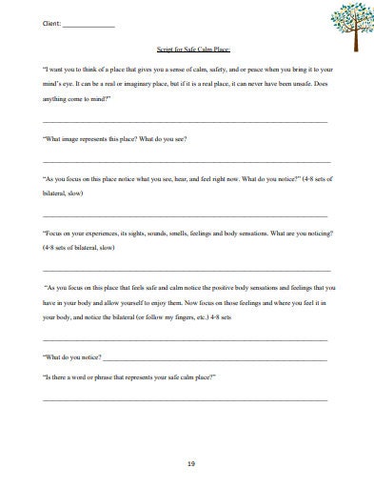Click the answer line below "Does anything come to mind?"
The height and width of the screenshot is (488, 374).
click(x=186, y=122)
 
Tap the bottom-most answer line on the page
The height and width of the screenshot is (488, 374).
click(x=186, y=398)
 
